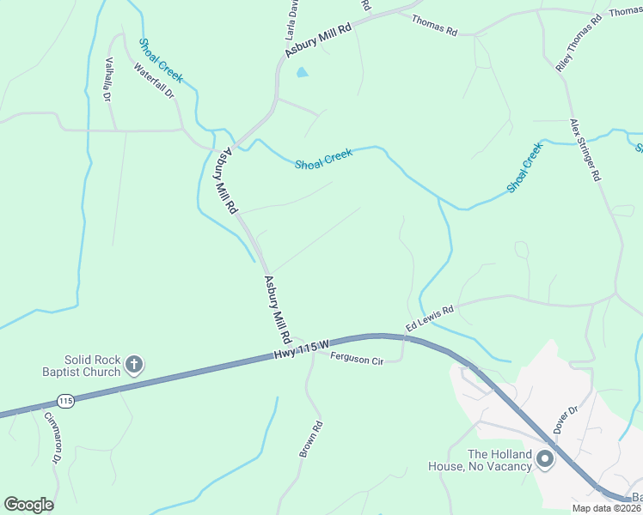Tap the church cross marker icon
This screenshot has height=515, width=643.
[133, 366]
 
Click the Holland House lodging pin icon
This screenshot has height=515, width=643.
[544, 460]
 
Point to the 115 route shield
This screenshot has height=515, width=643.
[64, 401]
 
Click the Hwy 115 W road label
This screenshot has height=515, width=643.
[302, 349]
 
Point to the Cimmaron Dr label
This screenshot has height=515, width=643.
[51, 438]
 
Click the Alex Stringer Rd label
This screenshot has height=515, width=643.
[585, 150]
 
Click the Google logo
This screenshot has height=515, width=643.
[28, 505]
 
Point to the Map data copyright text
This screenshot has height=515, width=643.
[607, 508]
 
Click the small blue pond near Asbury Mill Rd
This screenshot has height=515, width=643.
[302, 73]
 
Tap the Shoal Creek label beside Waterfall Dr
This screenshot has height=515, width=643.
[161, 60]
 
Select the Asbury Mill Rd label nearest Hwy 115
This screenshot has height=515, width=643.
[279, 309]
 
